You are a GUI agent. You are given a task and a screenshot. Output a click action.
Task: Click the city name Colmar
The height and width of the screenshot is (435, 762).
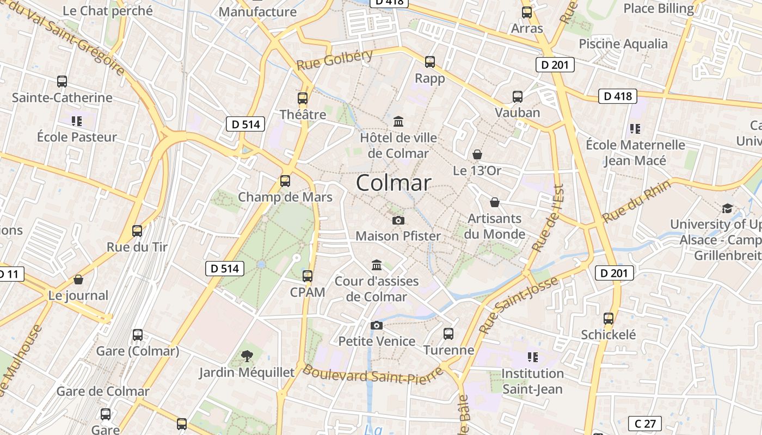click(x=394, y=183)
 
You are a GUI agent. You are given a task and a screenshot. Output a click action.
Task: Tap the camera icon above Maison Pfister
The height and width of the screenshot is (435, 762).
click(x=398, y=220)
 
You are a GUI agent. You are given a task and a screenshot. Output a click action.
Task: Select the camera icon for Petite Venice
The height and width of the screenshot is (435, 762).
click(x=376, y=325)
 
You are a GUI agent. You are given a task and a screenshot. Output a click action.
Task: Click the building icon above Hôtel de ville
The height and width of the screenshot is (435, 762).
click(x=398, y=121)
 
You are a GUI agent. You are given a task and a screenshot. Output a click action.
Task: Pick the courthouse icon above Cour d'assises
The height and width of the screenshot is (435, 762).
click(x=376, y=265)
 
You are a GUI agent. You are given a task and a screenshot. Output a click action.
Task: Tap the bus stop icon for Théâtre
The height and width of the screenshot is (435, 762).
click(x=303, y=98)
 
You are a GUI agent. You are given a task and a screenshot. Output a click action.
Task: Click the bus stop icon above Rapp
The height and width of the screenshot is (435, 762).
click(x=430, y=62)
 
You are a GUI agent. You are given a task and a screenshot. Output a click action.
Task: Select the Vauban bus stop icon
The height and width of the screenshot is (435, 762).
click(x=518, y=97)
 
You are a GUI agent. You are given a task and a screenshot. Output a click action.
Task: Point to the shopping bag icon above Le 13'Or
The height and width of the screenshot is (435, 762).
click(x=477, y=154)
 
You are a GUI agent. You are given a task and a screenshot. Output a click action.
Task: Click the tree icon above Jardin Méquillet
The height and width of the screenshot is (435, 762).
click(x=247, y=356)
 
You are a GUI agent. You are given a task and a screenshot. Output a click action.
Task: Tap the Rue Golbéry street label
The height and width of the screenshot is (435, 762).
click(x=335, y=59)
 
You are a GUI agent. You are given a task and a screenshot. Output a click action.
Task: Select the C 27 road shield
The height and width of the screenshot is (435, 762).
click(x=645, y=424)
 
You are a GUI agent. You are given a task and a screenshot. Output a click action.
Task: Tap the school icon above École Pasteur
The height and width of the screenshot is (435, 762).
click(x=77, y=120)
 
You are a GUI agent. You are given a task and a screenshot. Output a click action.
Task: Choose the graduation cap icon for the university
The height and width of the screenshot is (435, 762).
click(x=727, y=208)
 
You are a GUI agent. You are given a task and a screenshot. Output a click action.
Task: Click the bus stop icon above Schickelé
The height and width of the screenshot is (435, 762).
click(x=609, y=319)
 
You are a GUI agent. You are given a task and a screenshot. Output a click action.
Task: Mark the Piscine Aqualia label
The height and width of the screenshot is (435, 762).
click(x=623, y=44)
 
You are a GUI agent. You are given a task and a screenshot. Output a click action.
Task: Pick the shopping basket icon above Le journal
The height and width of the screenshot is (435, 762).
click(x=78, y=279)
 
